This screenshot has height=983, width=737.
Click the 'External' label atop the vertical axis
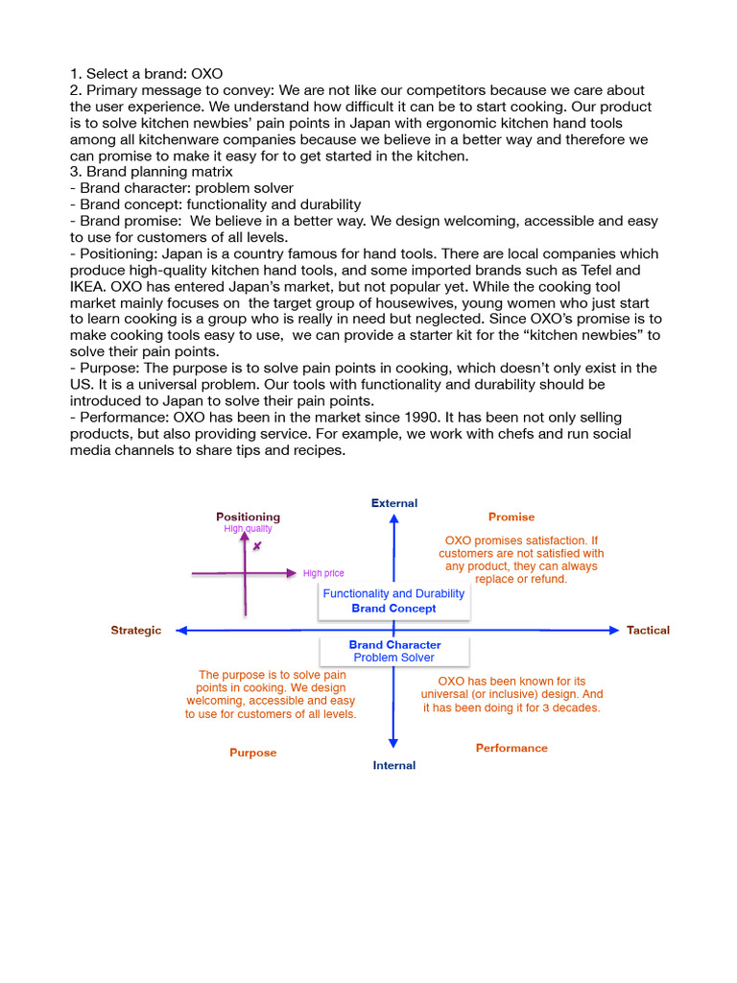[394, 503]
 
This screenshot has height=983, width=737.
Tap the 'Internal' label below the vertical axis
[394, 765]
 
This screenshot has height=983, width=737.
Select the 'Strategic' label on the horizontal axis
[136, 631]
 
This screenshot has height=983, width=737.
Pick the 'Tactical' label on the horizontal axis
[648, 631]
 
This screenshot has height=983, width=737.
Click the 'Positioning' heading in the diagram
[248, 516]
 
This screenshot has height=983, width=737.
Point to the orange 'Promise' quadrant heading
[511, 516]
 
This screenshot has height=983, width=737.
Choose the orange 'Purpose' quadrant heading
[252, 753]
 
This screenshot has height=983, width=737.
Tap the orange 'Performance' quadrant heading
[511, 748]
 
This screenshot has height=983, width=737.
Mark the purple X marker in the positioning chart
[257, 546]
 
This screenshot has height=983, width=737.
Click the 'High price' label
[323, 573]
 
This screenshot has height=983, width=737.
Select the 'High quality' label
[248, 528]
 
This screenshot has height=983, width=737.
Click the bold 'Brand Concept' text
[393, 609]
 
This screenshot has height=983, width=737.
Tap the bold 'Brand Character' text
[394, 645]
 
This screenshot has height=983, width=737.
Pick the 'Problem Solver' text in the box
[393, 658]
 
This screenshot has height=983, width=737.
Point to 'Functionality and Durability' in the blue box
[393, 594]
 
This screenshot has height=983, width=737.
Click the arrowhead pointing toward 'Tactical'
[614, 631]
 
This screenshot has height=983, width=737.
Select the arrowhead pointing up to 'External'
[393, 519]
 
